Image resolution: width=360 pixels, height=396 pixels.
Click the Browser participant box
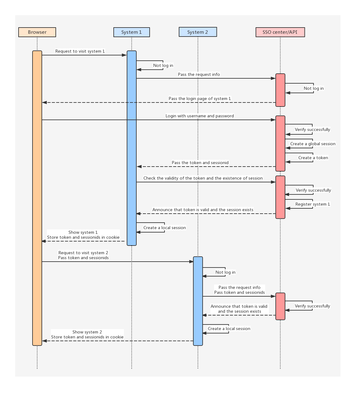(x=37, y=32)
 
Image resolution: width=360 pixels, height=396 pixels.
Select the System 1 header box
(x=132, y=32)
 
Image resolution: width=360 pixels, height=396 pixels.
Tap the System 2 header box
(x=198, y=32)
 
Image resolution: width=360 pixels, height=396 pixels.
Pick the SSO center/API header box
(x=280, y=32)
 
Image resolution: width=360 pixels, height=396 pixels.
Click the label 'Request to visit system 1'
(x=80, y=51)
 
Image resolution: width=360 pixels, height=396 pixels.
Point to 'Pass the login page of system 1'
(x=200, y=99)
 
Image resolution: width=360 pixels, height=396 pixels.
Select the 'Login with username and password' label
(x=200, y=116)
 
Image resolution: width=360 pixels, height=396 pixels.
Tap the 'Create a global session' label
(x=313, y=144)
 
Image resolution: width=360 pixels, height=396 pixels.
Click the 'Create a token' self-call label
(x=313, y=158)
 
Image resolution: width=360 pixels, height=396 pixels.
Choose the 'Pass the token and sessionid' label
(x=200, y=163)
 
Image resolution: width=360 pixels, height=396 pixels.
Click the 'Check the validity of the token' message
(x=203, y=178)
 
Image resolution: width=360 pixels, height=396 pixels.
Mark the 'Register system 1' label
(x=313, y=204)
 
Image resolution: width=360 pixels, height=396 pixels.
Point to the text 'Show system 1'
(x=83, y=233)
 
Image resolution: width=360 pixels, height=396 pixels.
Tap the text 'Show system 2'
(x=87, y=332)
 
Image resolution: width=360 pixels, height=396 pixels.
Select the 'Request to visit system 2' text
(x=83, y=253)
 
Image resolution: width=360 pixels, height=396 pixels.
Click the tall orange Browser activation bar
(x=37, y=198)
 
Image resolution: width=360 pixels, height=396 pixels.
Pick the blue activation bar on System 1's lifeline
(x=132, y=148)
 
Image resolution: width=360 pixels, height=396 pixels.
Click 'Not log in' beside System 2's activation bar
(x=225, y=272)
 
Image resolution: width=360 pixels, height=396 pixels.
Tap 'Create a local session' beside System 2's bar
(x=229, y=329)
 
